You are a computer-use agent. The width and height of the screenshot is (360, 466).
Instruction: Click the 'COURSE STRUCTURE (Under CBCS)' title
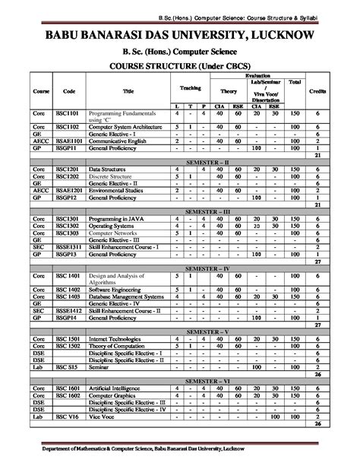pyautogui.click(x=179, y=65)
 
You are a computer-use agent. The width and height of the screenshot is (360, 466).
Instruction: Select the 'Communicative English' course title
pyautogui.click(x=118, y=141)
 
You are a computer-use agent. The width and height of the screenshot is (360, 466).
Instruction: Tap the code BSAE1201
pyautogui.click(x=69, y=191)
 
